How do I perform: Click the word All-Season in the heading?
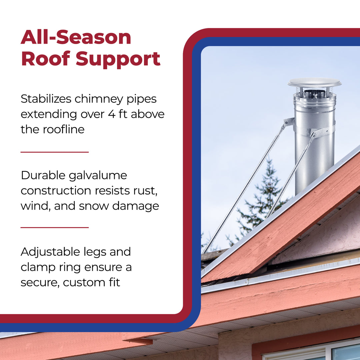[x=76, y=37]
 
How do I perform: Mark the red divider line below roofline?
[x=55, y=152]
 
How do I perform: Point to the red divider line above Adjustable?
[x=55, y=228]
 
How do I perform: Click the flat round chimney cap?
[x=314, y=82]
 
